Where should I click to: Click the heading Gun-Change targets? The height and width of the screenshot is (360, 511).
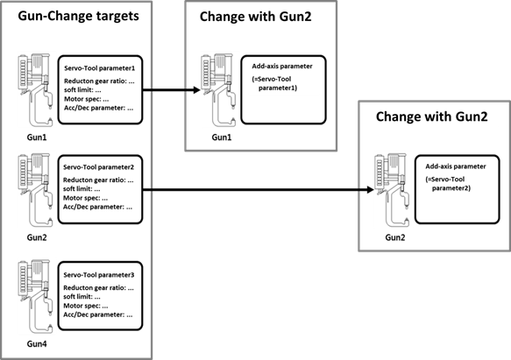(x=78, y=16)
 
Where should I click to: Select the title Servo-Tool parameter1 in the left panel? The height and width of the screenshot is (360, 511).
(x=99, y=68)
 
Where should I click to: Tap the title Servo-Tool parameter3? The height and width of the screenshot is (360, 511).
(x=99, y=275)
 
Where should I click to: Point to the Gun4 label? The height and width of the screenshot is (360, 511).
(x=37, y=343)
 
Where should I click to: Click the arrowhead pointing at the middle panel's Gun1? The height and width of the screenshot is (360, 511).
(x=196, y=90)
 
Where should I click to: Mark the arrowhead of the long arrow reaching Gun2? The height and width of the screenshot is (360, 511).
(x=370, y=189)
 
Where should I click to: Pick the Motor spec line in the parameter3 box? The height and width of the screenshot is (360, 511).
(x=86, y=306)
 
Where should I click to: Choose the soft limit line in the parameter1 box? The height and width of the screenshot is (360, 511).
(x=82, y=90)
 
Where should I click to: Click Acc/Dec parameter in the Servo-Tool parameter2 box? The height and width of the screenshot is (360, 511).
(x=98, y=207)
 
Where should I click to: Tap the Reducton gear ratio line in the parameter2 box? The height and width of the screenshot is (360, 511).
(x=98, y=180)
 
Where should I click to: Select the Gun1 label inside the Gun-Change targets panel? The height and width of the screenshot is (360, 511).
(x=37, y=138)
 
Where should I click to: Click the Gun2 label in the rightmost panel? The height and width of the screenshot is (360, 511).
(x=395, y=237)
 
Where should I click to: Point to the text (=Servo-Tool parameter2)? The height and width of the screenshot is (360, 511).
(x=448, y=183)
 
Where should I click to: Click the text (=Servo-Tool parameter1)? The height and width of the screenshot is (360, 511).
(x=274, y=83)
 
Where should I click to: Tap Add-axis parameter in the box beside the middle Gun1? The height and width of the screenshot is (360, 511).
(x=282, y=67)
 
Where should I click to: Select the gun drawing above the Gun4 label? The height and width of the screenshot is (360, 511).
(x=35, y=296)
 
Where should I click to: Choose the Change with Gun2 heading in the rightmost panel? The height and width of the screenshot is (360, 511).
(x=432, y=116)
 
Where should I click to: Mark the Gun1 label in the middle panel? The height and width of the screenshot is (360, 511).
(x=222, y=138)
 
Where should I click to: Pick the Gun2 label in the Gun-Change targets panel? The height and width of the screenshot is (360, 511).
(x=37, y=237)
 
